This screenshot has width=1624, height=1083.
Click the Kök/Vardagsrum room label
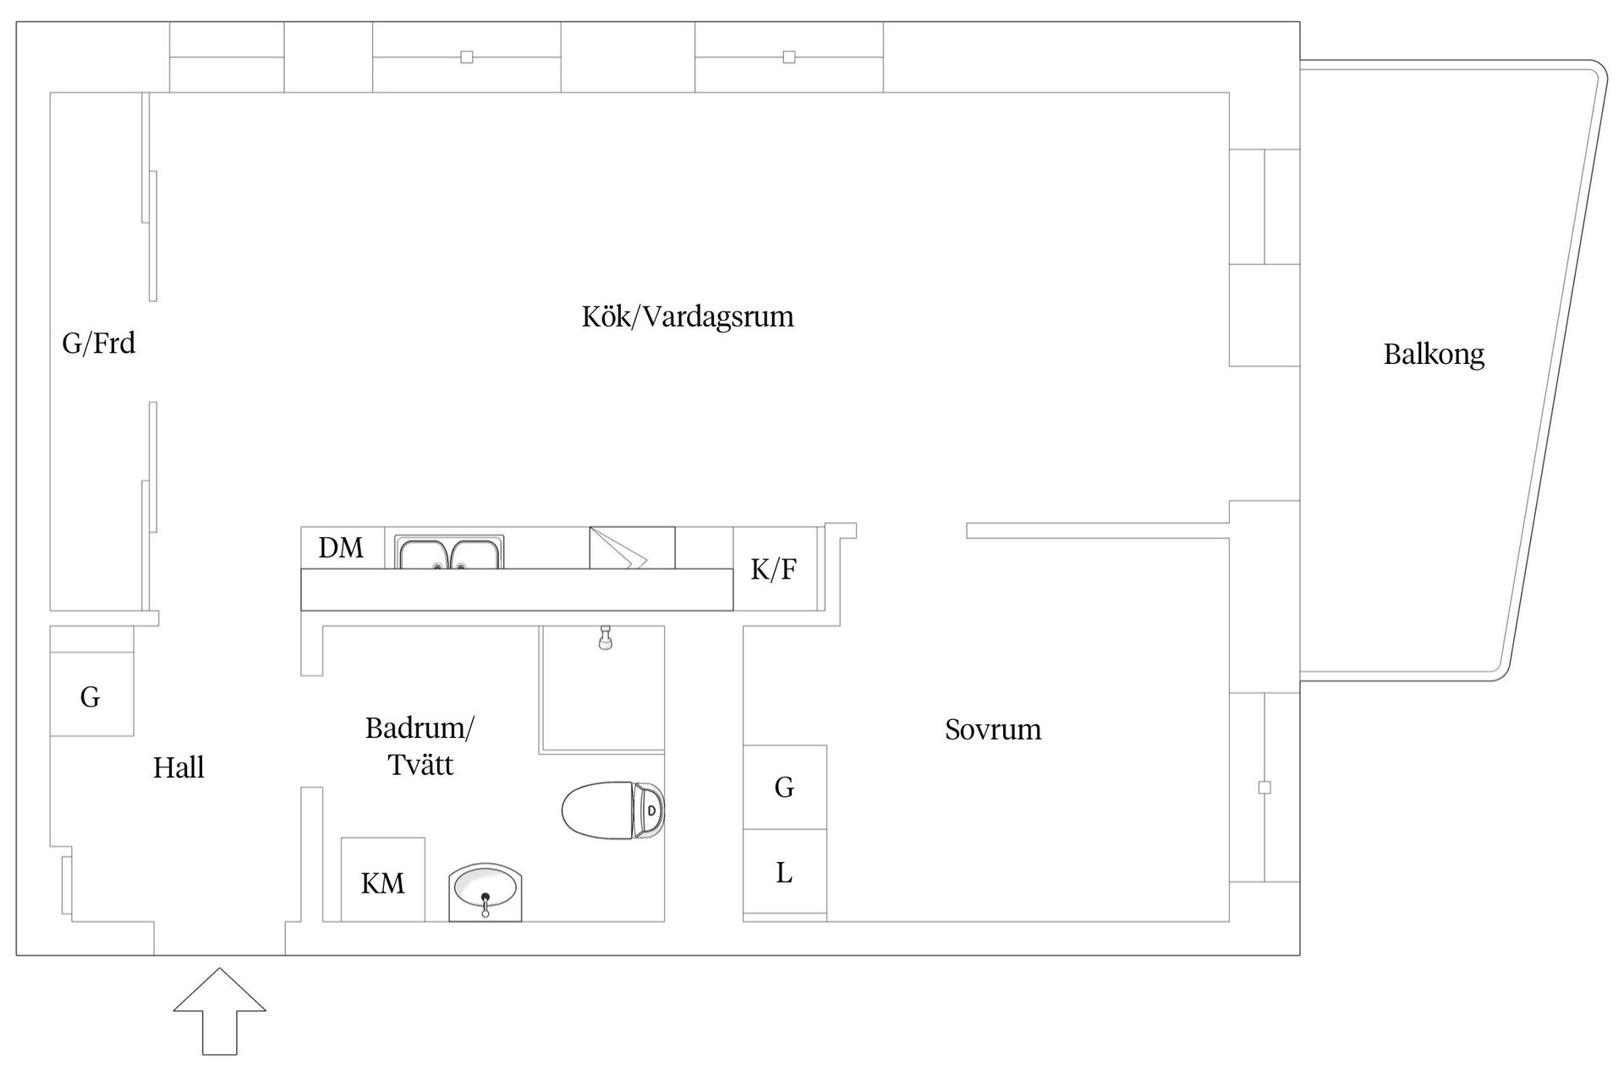[688, 317]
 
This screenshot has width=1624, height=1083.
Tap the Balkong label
[1434, 354]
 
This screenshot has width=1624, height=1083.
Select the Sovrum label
[993, 729]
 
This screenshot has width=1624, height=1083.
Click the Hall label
[178, 767]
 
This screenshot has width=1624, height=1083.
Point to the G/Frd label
[98, 343]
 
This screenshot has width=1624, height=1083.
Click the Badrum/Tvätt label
[420, 746]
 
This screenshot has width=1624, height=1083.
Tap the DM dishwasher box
[342, 547]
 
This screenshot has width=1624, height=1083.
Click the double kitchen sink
[450, 552]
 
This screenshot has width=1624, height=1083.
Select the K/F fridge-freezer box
[774, 569]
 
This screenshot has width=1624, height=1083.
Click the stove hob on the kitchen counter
[632, 548]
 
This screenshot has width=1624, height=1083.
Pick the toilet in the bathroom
[612, 810]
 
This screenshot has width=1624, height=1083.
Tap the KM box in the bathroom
[382, 882]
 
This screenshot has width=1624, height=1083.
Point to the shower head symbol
[605, 638]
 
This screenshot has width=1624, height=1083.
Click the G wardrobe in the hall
[91, 696]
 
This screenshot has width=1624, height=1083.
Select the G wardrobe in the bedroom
[784, 787]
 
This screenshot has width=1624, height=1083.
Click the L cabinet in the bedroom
[784, 872]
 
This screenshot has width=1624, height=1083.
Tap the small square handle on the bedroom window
[1265, 788]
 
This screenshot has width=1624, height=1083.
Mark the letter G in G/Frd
[72, 343]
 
